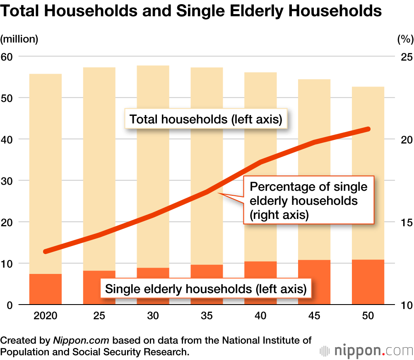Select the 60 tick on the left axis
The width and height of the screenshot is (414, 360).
[8, 56]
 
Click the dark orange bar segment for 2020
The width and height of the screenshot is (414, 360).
[46, 289]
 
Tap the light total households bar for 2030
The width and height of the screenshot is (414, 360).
[153, 166]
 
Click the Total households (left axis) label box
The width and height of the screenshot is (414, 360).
[206, 119]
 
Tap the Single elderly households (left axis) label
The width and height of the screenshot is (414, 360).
[206, 288]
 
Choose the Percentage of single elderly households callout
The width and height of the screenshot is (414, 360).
[308, 201]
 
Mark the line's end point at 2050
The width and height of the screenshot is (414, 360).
[368, 129]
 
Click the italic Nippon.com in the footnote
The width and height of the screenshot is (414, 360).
[81, 341]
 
